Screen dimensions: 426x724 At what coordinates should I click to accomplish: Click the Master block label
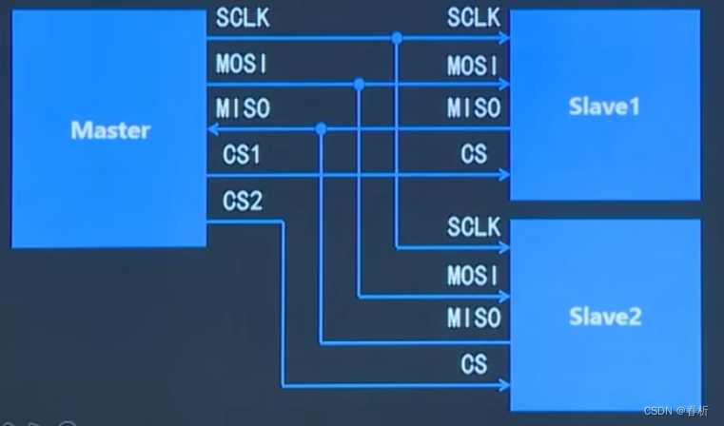click(x=110, y=130)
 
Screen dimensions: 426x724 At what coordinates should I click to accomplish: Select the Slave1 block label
click(x=604, y=106)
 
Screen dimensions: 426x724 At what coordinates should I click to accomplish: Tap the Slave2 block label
click(x=604, y=317)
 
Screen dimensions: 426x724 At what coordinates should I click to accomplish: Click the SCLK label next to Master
click(x=243, y=18)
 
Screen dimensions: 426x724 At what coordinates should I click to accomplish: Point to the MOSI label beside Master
click(x=243, y=64)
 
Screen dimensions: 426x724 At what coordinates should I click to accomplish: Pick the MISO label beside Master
click(x=243, y=108)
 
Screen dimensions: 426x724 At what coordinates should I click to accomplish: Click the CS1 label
click(x=242, y=154)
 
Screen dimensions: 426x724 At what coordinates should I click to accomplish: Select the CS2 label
click(x=242, y=202)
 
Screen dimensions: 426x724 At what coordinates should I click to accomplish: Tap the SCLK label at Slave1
click(x=474, y=18)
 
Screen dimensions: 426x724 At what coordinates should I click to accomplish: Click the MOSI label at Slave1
click(x=474, y=66)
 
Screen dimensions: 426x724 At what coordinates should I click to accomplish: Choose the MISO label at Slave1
click(x=474, y=108)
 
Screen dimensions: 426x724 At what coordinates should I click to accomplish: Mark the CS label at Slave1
click(x=474, y=154)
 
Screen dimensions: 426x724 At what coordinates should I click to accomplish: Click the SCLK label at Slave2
click(x=474, y=228)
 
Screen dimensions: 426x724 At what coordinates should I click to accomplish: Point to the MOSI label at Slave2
click(x=474, y=276)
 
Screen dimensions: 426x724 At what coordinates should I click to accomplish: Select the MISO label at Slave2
click(x=474, y=319)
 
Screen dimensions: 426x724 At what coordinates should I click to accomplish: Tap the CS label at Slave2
click(x=474, y=363)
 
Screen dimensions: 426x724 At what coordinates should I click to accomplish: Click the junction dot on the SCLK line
click(x=397, y=38)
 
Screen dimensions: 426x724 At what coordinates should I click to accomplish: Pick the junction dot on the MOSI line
click(x=359, y=85)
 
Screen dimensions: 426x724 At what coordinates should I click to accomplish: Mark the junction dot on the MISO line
click(x=322, y=128)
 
